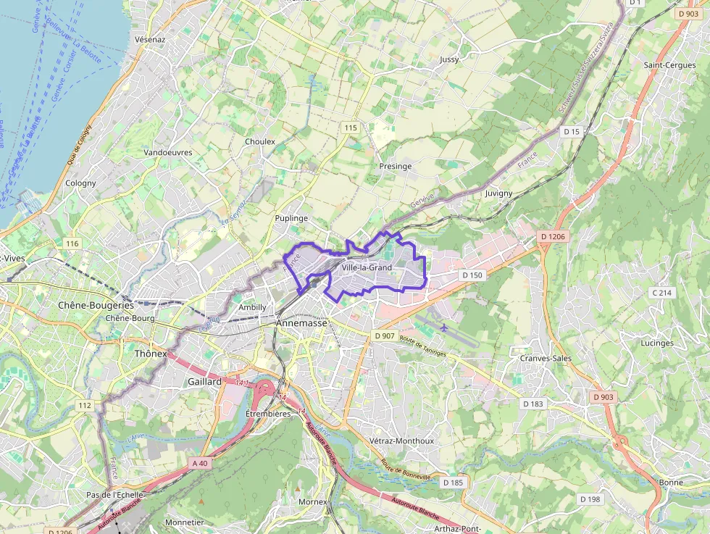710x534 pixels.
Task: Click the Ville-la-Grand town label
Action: [x=366, y=267]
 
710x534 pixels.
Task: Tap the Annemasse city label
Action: [x=301, y=323]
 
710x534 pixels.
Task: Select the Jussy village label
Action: [x=449, y=59]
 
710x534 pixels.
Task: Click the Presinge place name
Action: [x=395, y=166]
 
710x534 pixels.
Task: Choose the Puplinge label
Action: [x=291, y=217]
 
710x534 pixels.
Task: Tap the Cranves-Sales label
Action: [x=546, y=358]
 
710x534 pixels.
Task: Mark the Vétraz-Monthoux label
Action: [x=401, y=441]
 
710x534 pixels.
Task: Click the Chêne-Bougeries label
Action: [x=96, y=305]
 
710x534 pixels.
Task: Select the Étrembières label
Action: [x=268, y=413]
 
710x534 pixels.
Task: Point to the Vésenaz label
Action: [x=151, y=39]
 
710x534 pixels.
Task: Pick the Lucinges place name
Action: [x=657, y=343]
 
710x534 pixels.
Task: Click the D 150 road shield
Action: [x=472, y=275]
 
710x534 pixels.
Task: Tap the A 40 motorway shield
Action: [x=200, y=463]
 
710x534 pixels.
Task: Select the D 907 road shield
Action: [x=385, y=336]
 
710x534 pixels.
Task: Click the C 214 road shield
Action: [x=662, y=293]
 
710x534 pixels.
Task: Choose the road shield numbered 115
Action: [x=351, y=128]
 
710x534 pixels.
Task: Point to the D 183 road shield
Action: [x=532, y=404]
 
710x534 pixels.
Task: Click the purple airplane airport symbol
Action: [x=443, y=328]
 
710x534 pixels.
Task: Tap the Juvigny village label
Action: [x=498, y=193]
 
